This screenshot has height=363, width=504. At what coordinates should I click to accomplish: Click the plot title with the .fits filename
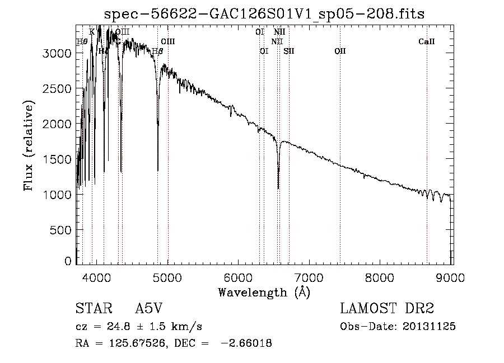[264, 14]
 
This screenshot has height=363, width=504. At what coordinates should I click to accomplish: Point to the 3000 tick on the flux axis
[57, 53]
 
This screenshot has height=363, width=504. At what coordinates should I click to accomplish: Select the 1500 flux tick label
[57, 159]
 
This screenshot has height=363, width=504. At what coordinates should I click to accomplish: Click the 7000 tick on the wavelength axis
[310, 277]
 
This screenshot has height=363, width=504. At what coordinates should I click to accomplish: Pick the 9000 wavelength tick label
[451, 277]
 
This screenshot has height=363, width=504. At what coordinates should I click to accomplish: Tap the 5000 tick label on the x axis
[168, 277]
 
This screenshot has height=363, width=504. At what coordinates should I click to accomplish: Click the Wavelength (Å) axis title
[264, 292]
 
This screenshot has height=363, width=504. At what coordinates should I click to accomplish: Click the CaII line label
[427, 42]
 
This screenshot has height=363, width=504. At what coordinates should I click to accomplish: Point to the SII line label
[289, 51]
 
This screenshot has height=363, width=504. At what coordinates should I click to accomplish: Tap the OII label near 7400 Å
[340, 51]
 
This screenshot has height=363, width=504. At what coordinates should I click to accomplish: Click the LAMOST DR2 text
[387, 309]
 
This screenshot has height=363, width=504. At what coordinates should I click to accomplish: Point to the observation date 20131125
[430, 326]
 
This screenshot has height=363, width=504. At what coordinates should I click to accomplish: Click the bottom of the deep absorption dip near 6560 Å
[278, 188]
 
